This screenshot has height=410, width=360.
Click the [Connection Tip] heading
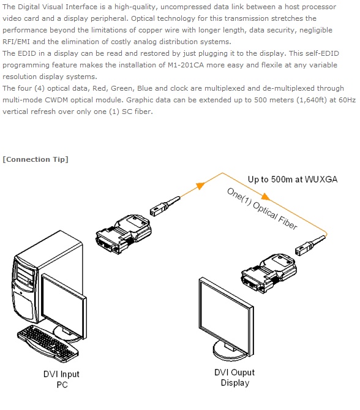pyautogui.click(x=36, y=159)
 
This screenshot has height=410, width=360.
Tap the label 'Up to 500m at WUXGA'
pyautogui.click(x=293, y=180)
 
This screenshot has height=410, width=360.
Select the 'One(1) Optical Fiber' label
pyautogui.click(x=262, y=208)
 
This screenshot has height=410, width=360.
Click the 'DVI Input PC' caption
pyautogui.click(x=61, y=379)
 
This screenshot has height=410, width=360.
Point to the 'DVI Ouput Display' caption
pyautogui.click(x=234, y=378)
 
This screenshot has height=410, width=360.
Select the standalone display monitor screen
pyautogui.click(x=226, y=316)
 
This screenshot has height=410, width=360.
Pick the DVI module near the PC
pyautogui.click(x=124, y=234)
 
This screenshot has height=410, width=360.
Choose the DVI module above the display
pyautogui.click(x=269, y=273)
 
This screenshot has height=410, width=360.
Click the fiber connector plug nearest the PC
pyautogui.click(x=165, y=206)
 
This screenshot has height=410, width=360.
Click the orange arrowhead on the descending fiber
pyautogui.click(x=266, y=197)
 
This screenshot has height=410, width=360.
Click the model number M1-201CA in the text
pyautogui.click(x=186, y=65)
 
